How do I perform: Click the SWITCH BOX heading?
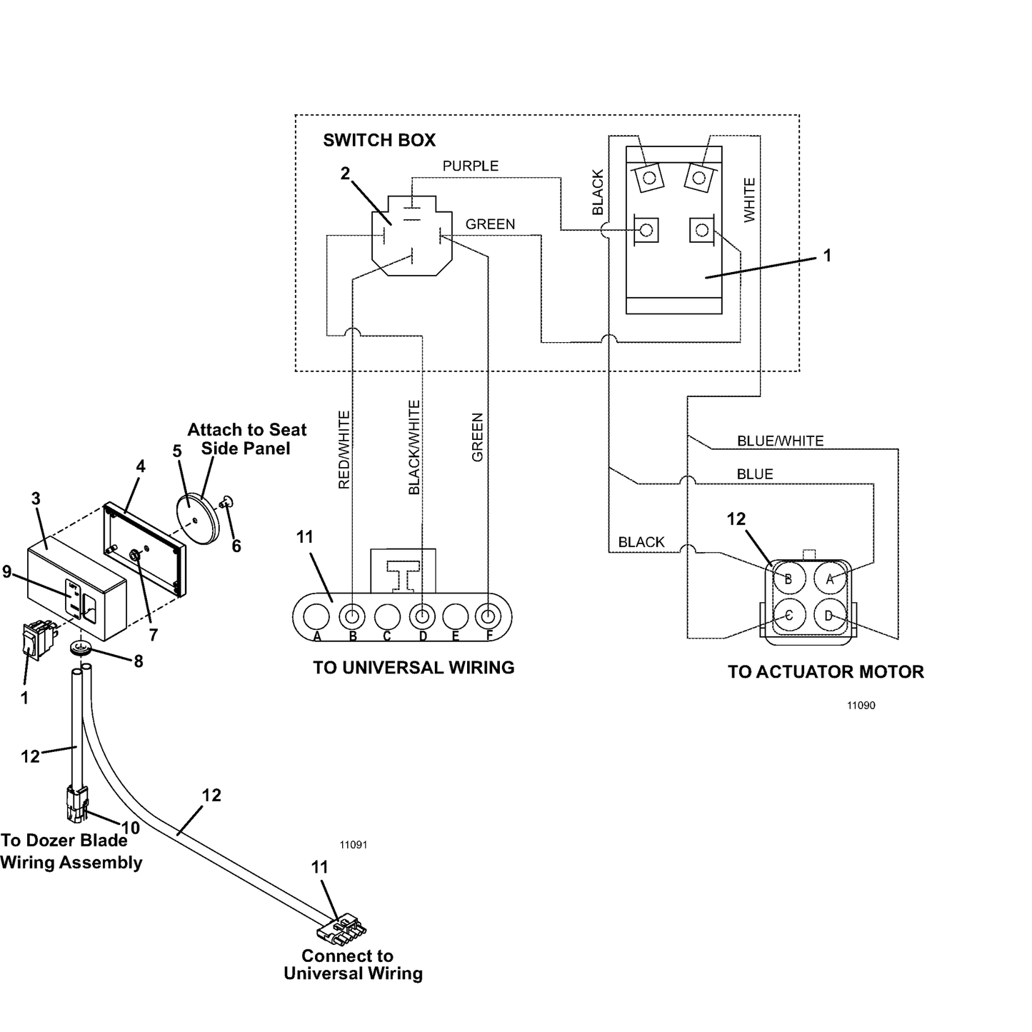point(379,140)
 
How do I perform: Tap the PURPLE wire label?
point(470,166)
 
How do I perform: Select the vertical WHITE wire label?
point(749,200)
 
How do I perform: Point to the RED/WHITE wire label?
point(344,450)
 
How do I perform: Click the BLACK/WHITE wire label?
point(414,447)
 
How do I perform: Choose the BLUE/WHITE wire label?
point(781,441)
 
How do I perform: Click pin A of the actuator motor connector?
point(830,578)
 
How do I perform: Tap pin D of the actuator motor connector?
point(830,616)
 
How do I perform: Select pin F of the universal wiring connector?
point(489,617)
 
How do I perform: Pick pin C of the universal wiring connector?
point(387,617)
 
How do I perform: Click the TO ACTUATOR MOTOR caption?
point(826,672)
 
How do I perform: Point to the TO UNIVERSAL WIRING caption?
point(414,668)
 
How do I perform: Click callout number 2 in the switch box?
point(346,174)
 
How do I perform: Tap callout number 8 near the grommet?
point(139,661)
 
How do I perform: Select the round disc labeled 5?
point(198,519)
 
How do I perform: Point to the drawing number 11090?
point(861,706)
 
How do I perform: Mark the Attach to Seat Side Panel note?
point(247,439)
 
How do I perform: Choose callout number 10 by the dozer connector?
point(131,828)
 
